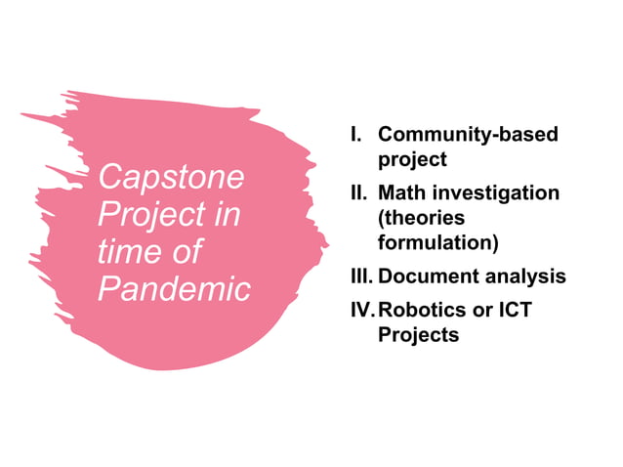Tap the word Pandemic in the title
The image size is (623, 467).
pos(174,288)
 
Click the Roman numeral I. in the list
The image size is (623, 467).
pos(356,134)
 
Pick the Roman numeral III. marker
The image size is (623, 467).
pos(360,276)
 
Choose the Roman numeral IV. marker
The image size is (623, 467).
pos(362,311)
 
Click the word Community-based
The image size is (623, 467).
pos(468,134)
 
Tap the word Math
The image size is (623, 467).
pos(402,192)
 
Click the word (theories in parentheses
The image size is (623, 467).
pos(421,217)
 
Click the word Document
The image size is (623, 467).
pos(429,276)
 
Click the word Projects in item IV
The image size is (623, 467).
pos(418,335)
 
